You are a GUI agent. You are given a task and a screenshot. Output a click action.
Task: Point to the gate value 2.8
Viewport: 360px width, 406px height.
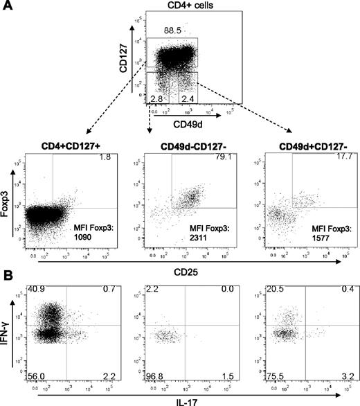coord(157,99)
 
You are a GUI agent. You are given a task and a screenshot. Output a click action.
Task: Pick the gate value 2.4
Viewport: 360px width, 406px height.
coord(186,99)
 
